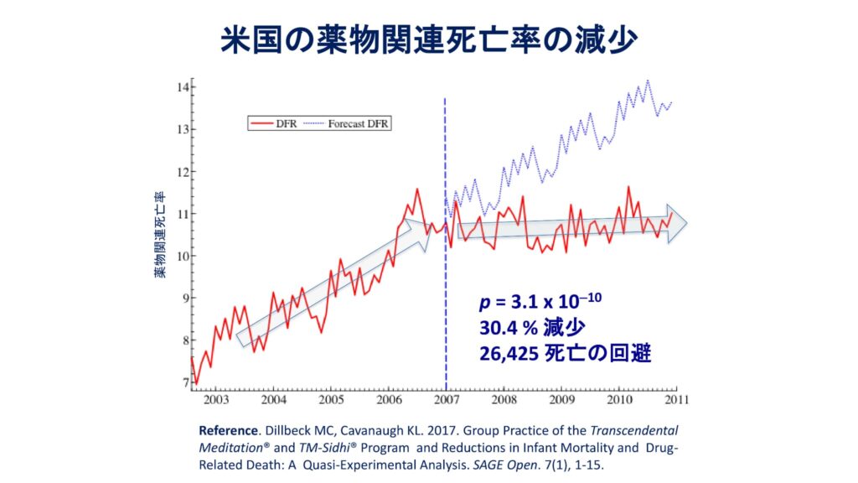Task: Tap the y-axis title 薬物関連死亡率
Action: tap(158, 234)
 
